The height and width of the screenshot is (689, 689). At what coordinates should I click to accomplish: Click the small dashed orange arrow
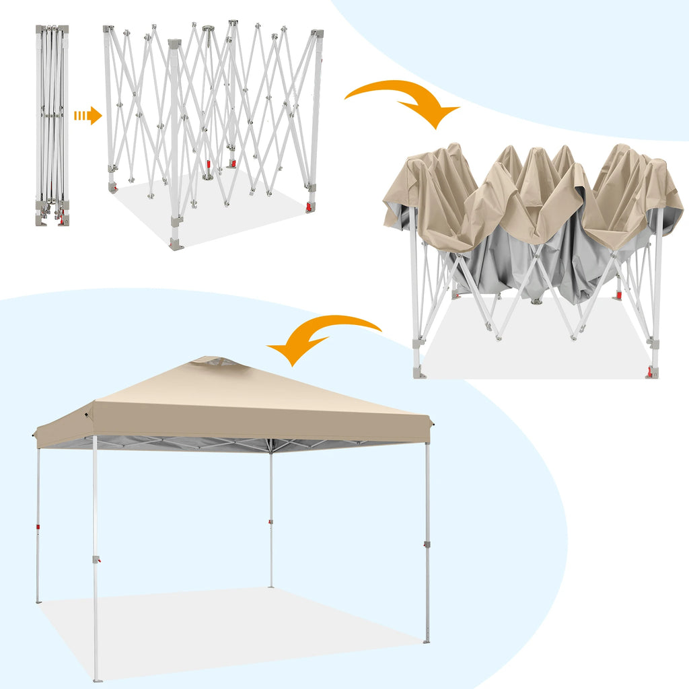[87, 116]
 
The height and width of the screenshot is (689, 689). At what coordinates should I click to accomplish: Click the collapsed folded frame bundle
[52, 124]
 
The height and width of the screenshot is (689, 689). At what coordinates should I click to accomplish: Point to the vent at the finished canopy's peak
[214, 362]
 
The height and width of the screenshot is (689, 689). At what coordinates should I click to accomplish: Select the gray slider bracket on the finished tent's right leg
[427, 544]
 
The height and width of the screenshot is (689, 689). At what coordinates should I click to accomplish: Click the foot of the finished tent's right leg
[427, 641]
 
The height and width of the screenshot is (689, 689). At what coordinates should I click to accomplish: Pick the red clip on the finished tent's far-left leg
[38, 527]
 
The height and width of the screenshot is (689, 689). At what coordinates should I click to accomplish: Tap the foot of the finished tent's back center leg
[271, 585]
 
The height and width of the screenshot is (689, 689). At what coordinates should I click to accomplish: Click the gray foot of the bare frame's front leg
[176, 244]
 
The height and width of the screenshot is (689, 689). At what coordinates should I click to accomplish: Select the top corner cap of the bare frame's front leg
[174, 44]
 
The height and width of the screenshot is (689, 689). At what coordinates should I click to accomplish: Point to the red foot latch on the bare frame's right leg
[310, 207]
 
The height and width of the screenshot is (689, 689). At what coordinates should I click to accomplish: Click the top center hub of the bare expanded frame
[208, 29]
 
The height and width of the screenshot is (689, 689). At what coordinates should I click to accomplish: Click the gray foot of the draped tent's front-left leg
[419, 371]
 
